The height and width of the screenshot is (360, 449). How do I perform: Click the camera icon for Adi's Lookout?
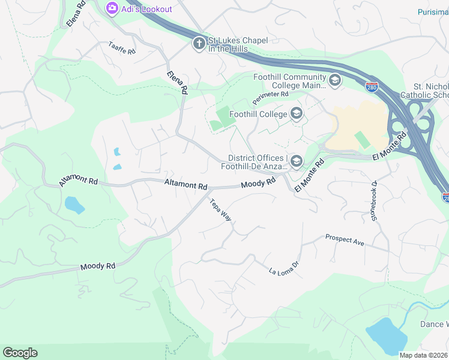coord(111,8)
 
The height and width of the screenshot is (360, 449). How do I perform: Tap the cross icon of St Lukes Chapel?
coord(199,43)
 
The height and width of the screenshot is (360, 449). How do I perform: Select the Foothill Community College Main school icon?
coord(335,80)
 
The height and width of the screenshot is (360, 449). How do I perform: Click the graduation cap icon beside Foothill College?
coord(296,113)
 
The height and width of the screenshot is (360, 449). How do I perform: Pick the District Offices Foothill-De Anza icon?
coord(296,161)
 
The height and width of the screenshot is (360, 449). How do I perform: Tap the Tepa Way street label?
coord(220,209)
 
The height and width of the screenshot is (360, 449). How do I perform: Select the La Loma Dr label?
coord(284,268)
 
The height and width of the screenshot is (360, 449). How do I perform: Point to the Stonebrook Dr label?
coord(374,201)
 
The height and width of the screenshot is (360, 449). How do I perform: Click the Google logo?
coord(20,353)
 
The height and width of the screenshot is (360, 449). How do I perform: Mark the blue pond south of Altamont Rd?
coord(74,205)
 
